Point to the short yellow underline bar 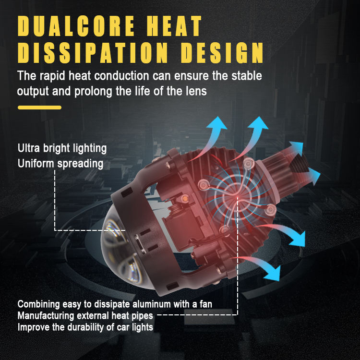(39, 107)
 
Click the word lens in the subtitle (197, 91)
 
